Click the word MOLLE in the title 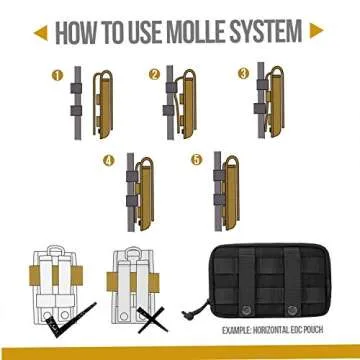pos(197,32)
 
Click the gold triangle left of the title pos(41,33)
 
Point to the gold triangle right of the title pos(316,31)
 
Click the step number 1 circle pos(57,75)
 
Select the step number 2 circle pos(154,75)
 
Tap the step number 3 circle pos(243,73)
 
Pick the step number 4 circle pos(109,161)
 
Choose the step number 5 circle pos(196,159)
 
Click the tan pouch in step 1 pos(103,105)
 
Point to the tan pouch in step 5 pos(230,193)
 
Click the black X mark pos(152,320)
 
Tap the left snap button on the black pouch pos(246,308)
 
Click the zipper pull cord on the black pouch pos(196,308)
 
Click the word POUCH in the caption pos(313,330)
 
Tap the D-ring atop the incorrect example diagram pos(134,251)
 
